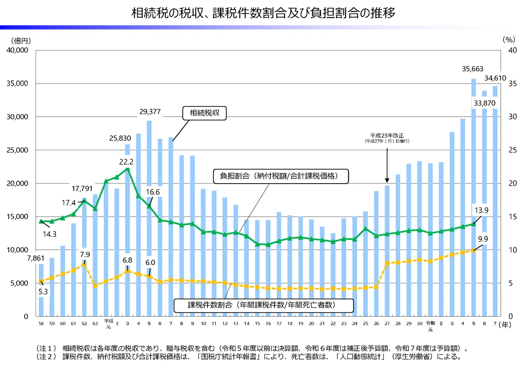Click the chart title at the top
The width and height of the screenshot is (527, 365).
click(x=263, y=13)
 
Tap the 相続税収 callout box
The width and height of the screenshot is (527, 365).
click(x=205, y=113)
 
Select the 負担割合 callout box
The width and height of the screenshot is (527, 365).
click(x=281, y=176)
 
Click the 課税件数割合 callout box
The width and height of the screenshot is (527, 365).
click(x=263, y=305)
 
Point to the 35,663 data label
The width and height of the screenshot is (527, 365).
click(x=473, y=69)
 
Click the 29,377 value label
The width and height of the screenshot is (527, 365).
click(x=150, y=112)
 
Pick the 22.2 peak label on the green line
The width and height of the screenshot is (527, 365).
click(x=126, y=162)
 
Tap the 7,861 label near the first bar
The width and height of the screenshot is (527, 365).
click(x=36, y=258)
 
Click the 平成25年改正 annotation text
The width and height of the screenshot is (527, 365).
click(x=387, y=136)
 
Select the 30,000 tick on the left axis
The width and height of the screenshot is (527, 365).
click(x=17, y=117)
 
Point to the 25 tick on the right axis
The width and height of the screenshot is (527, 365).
click(x=513, y=150)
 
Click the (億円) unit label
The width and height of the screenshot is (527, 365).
click(x=21, y=41)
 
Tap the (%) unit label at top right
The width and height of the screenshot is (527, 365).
click(x=509, y=40)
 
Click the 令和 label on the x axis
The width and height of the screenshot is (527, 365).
click(x=430, y=323)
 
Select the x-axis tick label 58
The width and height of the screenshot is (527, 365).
click(x=41, y=324)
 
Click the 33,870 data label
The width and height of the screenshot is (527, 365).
click(x=484, y=103)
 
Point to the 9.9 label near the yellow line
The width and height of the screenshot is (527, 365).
click(x=483, y=239)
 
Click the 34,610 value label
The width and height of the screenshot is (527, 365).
click(x=495, y=78)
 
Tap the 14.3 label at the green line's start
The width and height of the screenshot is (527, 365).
click(x=49, y=234)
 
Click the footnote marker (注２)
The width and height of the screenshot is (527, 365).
click(x=46, y=357)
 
